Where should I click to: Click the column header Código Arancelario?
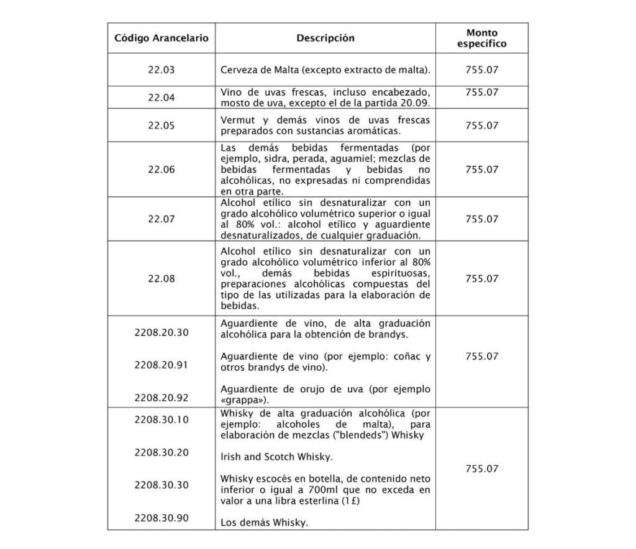click(x=161, y=38)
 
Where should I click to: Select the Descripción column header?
click(x=325, y=38)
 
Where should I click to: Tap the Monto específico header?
click(x=481, y=38)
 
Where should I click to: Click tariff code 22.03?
click(x=161, y=70)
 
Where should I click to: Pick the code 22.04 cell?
click(x=161, y=98)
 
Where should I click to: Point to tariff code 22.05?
click(x=161, y=125)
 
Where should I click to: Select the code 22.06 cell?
click(x=161, y=169)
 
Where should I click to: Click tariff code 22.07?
click(x=161, y=219)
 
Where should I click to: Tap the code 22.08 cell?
click(x=161, y=279)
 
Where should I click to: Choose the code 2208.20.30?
click(x=161, y=332)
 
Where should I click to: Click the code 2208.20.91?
click(x=161, y=365)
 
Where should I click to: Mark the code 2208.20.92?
click(x=161, y=397)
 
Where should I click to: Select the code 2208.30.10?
click(x=161, y=419)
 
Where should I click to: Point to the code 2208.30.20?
click(x=161, y=452)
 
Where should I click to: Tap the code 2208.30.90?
click(x=161, y=517)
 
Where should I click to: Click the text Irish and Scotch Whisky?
click(x=277, y=457)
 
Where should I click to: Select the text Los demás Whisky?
click(x=265, y=523)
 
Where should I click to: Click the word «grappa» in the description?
click(x=244, y=399)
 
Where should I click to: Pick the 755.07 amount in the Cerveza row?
click(x=481, y=70)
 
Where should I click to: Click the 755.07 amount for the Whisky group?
click(x=481, y=469)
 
